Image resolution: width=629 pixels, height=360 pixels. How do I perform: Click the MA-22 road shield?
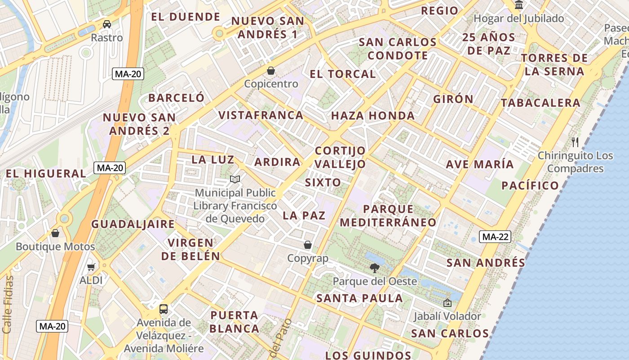coord(495,237)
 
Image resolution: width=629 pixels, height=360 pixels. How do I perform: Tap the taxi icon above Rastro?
coord(107,24)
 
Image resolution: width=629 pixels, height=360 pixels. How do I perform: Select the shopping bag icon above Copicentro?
coord(271,71)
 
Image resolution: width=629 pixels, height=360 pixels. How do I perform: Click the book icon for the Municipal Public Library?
coord(235,180)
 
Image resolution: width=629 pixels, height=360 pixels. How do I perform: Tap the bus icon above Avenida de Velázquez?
coord(164,309)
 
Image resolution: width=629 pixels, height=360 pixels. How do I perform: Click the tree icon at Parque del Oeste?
coord(374,269)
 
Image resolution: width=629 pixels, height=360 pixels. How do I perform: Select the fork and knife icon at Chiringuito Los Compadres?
coord(575,142)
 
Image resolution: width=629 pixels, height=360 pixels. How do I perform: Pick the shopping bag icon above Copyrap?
coord(308,245)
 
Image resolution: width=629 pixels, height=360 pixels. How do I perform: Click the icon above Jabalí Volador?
coord(447,303)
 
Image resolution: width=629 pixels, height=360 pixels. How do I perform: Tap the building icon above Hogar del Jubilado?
coord(519,5)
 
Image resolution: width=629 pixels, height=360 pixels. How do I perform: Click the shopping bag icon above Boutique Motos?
coord(55,233)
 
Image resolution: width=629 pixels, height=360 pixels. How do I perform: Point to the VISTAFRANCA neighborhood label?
coord(261,115)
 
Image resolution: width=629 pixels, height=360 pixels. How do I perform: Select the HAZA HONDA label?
coord(373,116)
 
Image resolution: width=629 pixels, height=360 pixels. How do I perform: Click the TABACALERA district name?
coord(540,103)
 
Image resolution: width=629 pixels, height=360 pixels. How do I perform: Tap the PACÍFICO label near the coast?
coord(530,185)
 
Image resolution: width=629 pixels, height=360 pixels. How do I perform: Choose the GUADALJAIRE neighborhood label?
coord(133,224)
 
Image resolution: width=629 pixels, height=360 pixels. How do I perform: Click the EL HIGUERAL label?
coord(46,174)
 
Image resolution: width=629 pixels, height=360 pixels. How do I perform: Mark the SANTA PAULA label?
coord(359,298)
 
